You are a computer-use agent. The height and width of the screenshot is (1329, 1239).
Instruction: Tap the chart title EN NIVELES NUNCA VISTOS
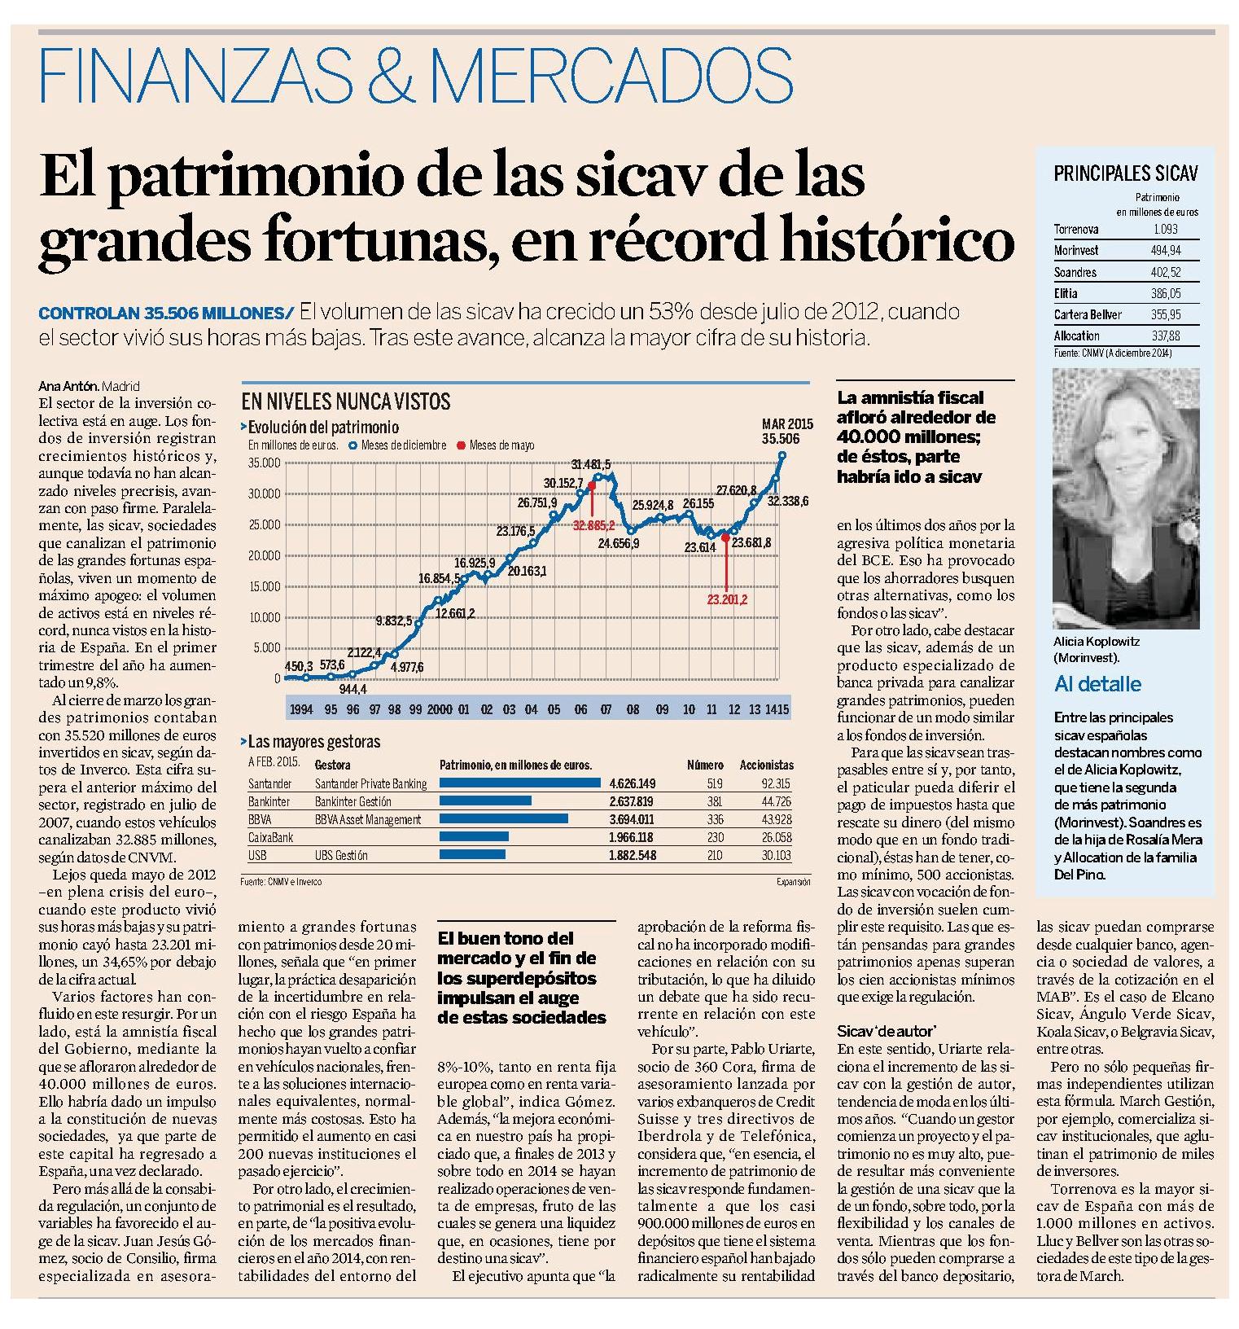point(346,401)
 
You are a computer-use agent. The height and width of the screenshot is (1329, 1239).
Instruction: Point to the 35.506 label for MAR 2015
point(781,439)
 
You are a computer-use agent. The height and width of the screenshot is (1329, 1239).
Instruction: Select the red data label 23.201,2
point(728,599)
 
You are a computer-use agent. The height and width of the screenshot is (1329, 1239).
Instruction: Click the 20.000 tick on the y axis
point(264,555)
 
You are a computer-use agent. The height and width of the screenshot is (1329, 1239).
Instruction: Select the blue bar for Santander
point(520,783)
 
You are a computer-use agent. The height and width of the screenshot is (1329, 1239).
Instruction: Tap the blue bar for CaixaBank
point(474,837)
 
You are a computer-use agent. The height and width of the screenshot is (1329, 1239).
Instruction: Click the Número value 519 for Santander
point(715,783)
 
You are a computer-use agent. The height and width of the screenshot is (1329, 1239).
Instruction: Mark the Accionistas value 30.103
point(777,855)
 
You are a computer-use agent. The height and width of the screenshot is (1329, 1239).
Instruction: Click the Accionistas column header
point(767,765)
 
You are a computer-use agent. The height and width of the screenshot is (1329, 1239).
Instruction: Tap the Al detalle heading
point(1097,684)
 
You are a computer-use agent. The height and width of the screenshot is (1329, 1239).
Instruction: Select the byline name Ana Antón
point(63,386)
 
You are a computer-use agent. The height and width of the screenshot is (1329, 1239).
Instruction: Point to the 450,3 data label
point(300,665)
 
